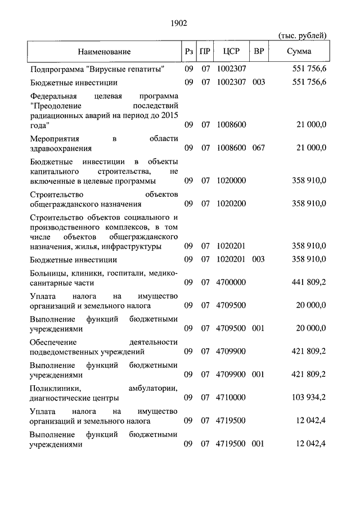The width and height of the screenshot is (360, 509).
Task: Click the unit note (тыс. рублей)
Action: pyautogui.click(x=303, y=35)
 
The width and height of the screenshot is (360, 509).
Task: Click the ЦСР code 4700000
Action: pyautogui.click(x=231, y=282)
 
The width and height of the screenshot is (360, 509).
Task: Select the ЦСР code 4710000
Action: pyautogui.click(x=231, y=397)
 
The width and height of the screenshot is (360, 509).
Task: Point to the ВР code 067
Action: pyautogui.click(x=258, y=148)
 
